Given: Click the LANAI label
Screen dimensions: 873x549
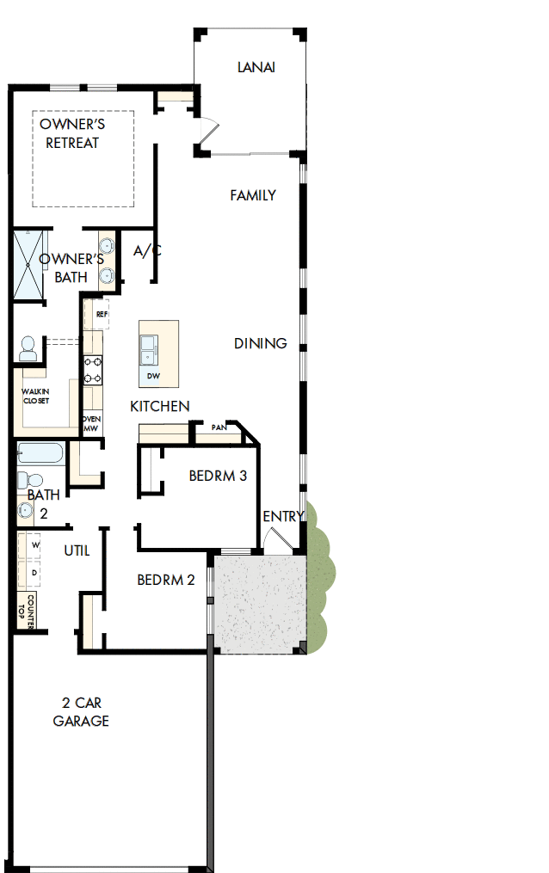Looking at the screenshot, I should (x=256, y=67).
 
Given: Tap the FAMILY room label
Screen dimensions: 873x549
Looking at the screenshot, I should (x=253, y=195).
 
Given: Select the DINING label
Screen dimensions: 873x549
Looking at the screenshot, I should (x=260, y=343).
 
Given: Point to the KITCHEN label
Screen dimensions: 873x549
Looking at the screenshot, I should (x=160, y=406).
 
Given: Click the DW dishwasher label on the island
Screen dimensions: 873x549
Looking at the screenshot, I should (x=153, y=376).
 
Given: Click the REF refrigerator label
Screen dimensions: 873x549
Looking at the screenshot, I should (x=101, y=315).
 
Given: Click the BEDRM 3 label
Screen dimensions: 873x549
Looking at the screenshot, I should (x=219, y=476).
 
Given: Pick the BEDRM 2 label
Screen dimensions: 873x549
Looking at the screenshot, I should (x=166, y=580).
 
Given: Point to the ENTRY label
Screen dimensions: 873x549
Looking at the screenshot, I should (x=284, y=516).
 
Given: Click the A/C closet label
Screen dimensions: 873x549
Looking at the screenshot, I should (x=147, y=251).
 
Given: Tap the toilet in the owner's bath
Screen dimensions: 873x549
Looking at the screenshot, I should (x=28, y=347).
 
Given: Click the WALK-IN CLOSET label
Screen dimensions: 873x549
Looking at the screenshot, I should (x=35, y=397).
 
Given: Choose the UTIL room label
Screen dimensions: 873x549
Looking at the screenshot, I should (x=77, y=550).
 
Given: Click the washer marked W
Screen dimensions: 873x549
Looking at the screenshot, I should (x=35, y=545).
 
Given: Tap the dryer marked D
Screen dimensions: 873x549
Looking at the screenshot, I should (x=35, y=572).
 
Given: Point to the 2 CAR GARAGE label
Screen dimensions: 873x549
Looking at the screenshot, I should (x=81, y=712).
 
